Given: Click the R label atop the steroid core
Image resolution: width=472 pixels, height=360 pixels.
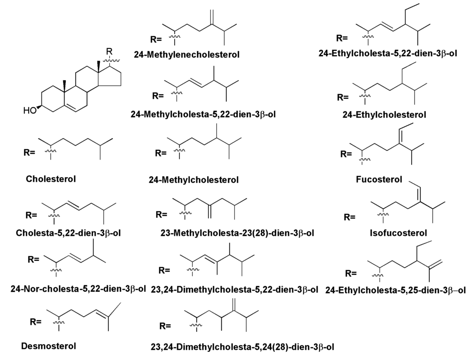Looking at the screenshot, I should tap(109, 51).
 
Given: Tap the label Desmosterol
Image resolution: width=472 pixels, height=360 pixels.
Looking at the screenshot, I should tap(48, 345).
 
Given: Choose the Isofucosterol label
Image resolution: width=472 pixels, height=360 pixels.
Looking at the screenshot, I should tap(399, 233).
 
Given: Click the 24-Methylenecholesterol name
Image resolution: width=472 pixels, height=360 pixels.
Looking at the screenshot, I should tap(187, 55).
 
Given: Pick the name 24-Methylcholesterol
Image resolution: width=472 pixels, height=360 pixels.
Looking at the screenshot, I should tap(194, 179).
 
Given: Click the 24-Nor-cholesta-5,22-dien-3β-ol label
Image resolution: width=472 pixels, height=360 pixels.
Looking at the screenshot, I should tap(78, 289).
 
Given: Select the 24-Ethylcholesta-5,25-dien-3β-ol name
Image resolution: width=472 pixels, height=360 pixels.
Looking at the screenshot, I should tap(395, 290).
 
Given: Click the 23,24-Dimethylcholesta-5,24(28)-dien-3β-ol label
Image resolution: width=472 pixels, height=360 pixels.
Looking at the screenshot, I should tap(242, 346).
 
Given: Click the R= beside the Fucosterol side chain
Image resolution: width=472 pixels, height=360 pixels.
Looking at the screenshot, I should tap(348, 153).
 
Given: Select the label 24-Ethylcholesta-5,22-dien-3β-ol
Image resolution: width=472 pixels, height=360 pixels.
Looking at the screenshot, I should tap(388, 53).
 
